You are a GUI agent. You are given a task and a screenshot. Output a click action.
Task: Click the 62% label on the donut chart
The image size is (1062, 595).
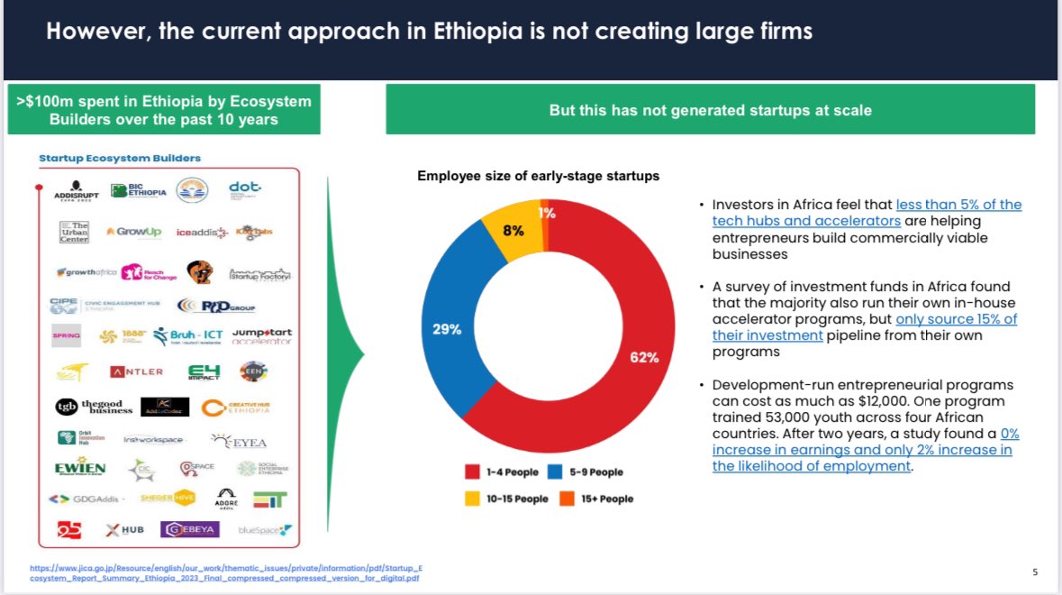[643, 357]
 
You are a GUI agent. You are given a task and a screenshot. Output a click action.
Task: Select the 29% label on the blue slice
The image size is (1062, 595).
[447, 329]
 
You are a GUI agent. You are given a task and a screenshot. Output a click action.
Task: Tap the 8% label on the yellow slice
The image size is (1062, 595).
[513, 230]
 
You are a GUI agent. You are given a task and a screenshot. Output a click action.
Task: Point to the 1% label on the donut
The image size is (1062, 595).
[547, 214]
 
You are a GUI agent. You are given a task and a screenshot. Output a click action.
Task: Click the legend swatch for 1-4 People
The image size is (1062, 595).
[472, 471]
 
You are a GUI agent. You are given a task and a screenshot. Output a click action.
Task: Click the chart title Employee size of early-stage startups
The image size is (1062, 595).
[538, 176]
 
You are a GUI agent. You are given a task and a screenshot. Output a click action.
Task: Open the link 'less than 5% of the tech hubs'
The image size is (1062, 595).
[958, 205]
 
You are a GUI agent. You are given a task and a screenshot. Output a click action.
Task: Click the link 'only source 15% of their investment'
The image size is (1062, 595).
[956, 319]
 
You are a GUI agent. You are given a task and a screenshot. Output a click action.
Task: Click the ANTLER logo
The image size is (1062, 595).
[136, 371]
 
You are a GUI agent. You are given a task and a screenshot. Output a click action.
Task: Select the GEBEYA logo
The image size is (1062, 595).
[189, 529]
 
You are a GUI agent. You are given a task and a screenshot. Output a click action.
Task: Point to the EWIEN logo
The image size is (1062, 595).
[80, 468]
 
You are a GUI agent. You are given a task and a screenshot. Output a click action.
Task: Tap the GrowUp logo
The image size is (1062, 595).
[133, 232]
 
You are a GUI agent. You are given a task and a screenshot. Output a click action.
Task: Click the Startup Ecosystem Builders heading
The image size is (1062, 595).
[120, 158]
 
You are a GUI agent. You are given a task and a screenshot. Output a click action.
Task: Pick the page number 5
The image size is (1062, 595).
[1034, 572]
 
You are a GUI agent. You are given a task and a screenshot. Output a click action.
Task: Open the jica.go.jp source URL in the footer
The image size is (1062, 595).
[225, 572]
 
